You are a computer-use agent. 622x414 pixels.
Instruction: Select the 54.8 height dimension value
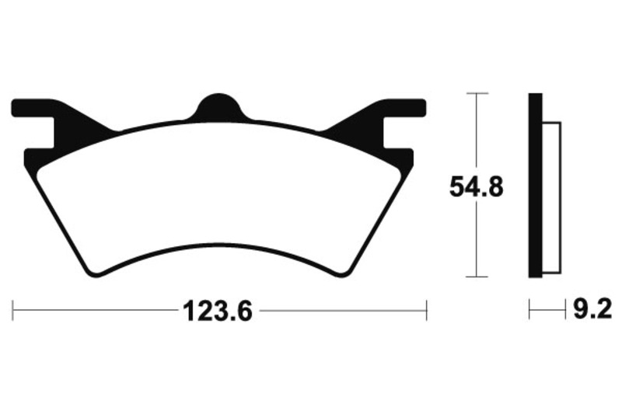(x=476, y=186)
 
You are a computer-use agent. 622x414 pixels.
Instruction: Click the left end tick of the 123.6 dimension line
(x=14, y=311)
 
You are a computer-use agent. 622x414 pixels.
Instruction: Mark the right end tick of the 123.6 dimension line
(x=427, y=311)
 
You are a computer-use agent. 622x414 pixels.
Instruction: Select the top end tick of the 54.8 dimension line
(x=476, y=93)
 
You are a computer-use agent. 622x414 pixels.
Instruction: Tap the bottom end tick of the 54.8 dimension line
(x=476, y=276)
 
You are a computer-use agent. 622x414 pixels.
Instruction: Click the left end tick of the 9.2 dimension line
(x=529, y=311)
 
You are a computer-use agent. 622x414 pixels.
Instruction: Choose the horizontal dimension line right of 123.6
(x=342, y=311)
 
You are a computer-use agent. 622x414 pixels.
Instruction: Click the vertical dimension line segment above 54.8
(x=476, y=132)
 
